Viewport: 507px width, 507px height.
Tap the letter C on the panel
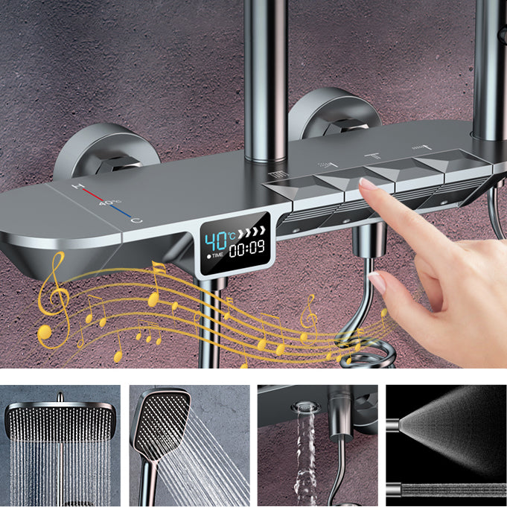click(x=136, y=220)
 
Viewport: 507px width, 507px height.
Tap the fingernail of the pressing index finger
click(x=366, y=182)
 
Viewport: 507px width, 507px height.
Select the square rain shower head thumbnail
click(x=60, y=444)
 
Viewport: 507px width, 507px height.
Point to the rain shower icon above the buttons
click(x=325, y=162)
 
